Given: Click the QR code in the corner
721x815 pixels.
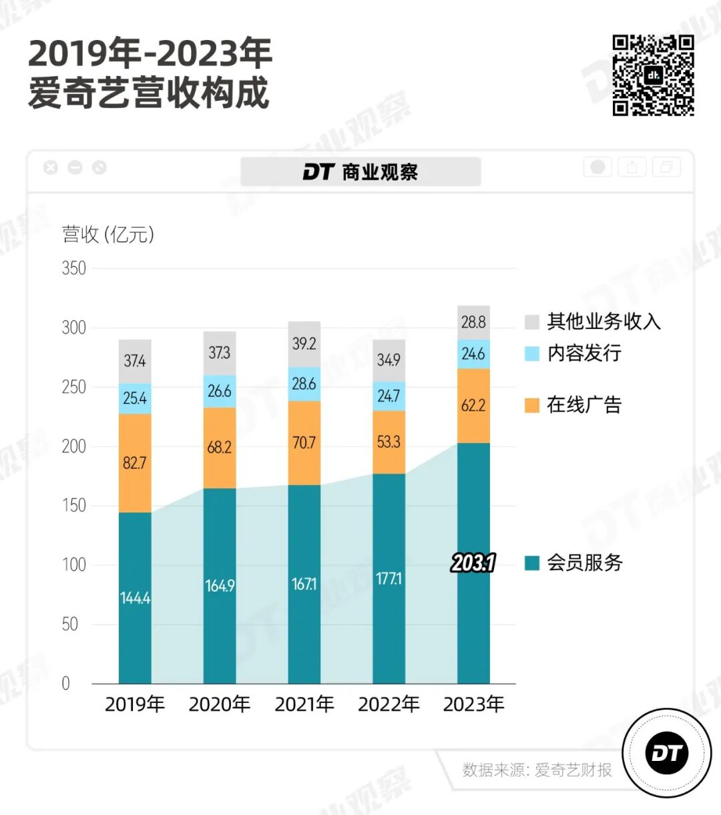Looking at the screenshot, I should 653,75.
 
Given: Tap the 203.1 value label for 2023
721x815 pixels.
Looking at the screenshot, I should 473,563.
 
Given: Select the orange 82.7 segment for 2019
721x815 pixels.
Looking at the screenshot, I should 135,463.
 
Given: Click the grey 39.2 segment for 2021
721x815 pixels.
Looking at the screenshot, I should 304,344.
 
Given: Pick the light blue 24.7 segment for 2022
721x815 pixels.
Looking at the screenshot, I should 389,396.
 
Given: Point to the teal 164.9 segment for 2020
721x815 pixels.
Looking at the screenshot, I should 220,585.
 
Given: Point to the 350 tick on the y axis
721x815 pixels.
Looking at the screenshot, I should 74,268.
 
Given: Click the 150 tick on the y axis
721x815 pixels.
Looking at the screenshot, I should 74,505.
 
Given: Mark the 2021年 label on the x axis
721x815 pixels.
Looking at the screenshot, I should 304,704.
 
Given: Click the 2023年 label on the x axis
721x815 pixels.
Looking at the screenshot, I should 473,704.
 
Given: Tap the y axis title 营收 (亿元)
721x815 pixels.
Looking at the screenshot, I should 108,234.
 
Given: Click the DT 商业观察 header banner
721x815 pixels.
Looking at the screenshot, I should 360,172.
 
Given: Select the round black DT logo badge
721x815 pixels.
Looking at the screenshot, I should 666,753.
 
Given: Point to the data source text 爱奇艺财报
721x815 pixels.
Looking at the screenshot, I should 573,770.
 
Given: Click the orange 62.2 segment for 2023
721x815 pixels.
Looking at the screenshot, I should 473,405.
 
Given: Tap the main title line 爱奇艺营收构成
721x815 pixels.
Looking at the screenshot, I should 148,92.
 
